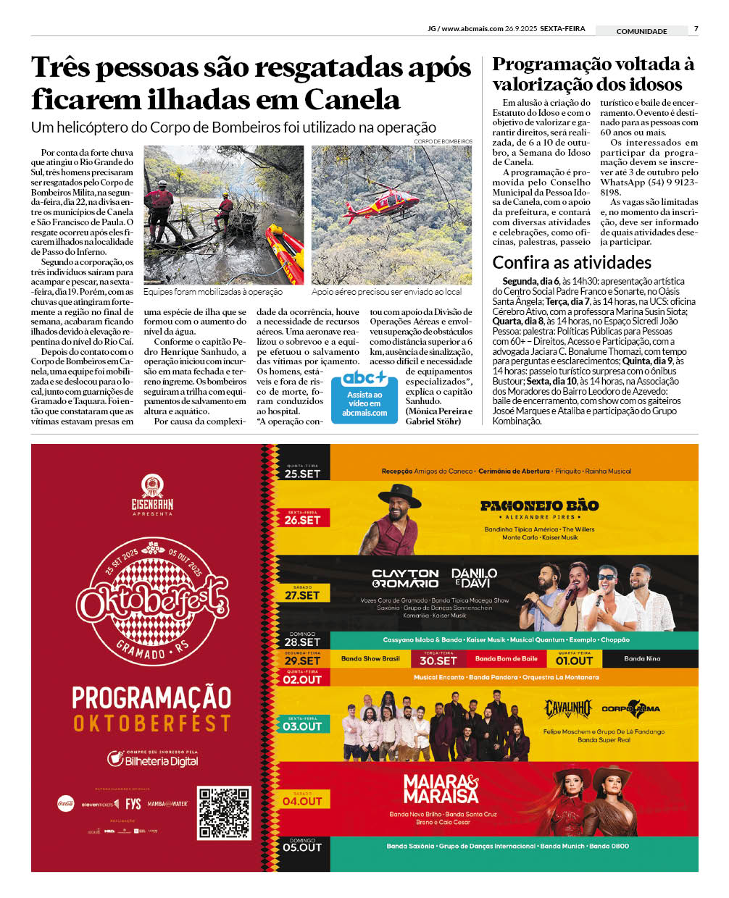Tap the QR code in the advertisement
click(224, 813)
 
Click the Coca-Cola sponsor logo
click(66, 803)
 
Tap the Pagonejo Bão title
click(539, 505)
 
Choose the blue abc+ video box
click(364, 397)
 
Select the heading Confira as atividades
click(572, 262)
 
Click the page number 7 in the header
click(696, 29)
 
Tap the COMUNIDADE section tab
click(641, 31)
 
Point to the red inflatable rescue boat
click(285, 253)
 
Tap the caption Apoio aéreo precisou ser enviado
click(386, 292)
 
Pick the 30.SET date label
click(438, 659)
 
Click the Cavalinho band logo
click(568, 708)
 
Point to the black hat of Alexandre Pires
click(399, 495)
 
